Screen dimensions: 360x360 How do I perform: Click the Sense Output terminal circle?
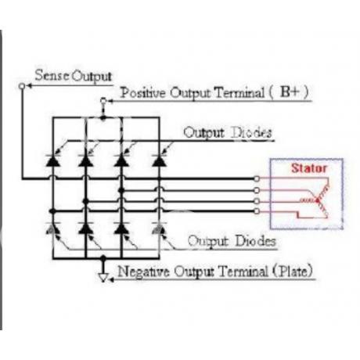coord(22,86)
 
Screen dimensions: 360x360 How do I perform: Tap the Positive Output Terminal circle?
coord(103,101)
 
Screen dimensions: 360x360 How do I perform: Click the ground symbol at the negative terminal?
coord(103,278)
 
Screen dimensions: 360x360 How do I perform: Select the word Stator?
coord(309,168)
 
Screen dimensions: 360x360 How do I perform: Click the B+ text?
coord(290,92)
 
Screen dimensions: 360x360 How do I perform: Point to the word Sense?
coord(52,75)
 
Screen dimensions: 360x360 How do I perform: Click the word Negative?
coord(143,272)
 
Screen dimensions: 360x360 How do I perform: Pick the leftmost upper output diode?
coord(53,160)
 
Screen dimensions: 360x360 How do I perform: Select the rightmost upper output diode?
coord(159,160)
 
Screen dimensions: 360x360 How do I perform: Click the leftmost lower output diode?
coord(53,229)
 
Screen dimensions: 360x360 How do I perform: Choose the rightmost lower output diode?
coord(159,229)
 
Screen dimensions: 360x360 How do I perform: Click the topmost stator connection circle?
coord(257,178)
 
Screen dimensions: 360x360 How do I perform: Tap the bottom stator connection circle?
coord(257,211)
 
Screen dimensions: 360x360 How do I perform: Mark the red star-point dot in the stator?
coord(318,200)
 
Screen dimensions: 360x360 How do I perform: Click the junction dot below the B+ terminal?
coord(103,118)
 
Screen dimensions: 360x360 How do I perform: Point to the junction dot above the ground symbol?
coord(103,258)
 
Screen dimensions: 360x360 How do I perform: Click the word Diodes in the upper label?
coord(252,132)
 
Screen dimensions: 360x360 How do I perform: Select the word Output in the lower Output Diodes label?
coord(208,241)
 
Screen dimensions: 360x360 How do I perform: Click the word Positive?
coord(143,92)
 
